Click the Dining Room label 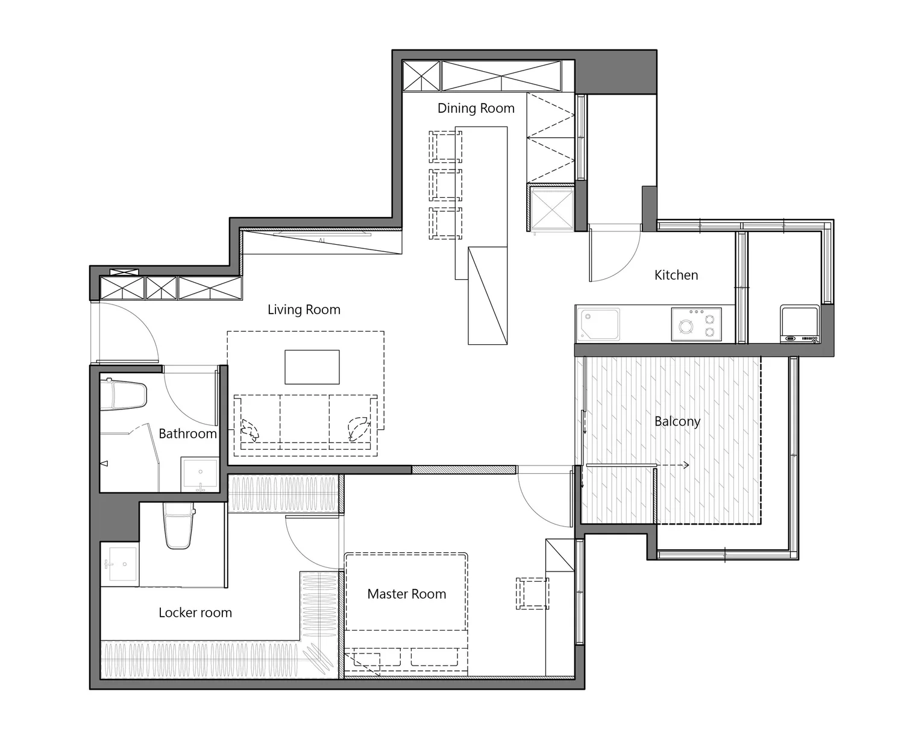point(476,108)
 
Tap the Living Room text point(304,309)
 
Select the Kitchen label point(676,275)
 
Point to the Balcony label point(677,421)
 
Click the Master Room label point(407,594)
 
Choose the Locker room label point(195,612)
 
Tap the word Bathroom point(187,433)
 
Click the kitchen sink point(600,324)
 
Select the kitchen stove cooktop point(696,324)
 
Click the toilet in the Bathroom point(124,394)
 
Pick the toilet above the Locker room point(178,525)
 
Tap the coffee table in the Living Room point(312,367)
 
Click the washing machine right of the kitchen point(800,324)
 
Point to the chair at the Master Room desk point(532,594)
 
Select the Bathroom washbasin point(199,474)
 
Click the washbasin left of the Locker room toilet point(119,564)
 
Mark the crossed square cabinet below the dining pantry point(551,207)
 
